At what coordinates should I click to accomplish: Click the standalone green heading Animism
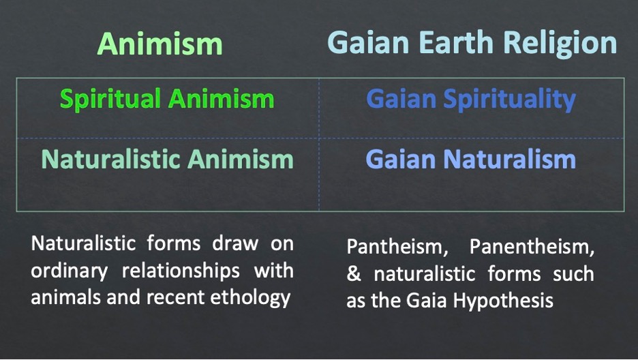point(160,44)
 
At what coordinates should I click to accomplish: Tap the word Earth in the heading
point(456,42)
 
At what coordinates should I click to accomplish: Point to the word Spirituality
point(509,100)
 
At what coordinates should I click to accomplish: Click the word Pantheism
point(397,247)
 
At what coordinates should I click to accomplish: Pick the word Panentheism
point(532,247)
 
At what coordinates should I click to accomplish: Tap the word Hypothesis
point(503,301)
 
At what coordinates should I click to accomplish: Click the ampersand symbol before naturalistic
point(354,274)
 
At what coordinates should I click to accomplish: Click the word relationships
point(181,271)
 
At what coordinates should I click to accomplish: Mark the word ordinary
point(69,271)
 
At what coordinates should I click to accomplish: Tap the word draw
point(235,243)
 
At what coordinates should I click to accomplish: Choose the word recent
point(176,298)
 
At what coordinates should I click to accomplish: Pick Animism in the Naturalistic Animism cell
point(241,159)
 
